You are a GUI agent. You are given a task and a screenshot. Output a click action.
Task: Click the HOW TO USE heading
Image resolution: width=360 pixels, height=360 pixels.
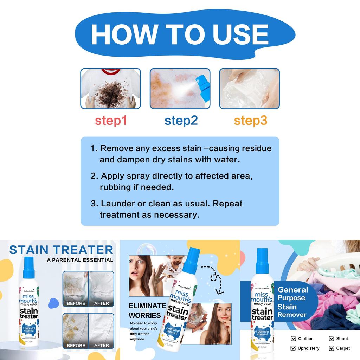[x=180, y=34]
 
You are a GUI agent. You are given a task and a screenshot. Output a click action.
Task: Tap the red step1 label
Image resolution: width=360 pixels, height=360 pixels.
[x=111, y=121]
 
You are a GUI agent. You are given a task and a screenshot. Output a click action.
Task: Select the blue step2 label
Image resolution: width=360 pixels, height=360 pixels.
[x=181, y=121]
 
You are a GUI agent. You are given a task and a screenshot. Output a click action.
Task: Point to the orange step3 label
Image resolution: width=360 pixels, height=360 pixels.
[x=251, y=121]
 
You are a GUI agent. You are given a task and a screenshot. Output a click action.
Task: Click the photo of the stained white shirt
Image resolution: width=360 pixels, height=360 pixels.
[x=111, y=89]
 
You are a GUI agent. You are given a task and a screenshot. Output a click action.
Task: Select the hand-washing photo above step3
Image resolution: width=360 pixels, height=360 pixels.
[x=250, y=89]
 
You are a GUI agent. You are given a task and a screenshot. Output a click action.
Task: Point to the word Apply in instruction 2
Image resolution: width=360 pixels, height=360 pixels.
[x=111, y=176]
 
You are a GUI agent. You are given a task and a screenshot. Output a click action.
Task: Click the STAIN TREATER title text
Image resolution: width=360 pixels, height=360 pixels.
[x=61, y=250]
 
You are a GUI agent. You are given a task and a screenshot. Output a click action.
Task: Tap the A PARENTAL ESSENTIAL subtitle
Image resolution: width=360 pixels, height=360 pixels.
[x=80, y=260]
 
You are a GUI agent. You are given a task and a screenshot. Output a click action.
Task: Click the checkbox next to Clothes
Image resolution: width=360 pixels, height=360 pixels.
[x=294, y=339]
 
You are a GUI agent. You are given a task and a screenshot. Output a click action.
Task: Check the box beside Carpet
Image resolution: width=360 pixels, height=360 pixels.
[x=332, y=348]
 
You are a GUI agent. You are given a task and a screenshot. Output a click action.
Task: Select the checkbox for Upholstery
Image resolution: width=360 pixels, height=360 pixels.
[x=294, y=348]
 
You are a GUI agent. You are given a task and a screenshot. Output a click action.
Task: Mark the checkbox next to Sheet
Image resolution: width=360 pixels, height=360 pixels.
[x=332, y=339]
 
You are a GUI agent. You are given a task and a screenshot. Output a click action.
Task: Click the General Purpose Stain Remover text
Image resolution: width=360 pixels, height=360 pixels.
[x=292, y=302]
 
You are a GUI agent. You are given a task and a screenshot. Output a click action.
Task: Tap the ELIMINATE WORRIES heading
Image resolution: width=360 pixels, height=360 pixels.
[x=147, y=310]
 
